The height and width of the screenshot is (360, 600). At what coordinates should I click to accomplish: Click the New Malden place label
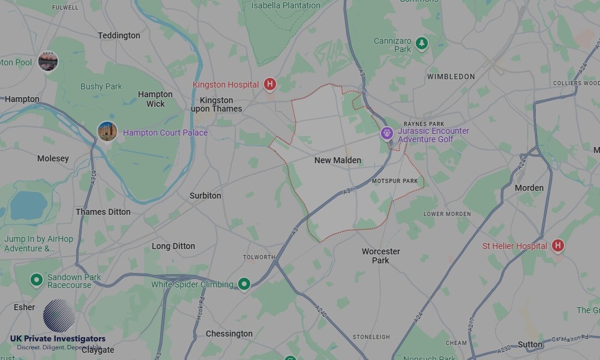(x=338, y=160)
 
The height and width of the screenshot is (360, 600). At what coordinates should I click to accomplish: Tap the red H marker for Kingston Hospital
(x=270, y=85)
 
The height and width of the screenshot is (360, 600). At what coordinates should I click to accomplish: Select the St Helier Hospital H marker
(x=558, y=245)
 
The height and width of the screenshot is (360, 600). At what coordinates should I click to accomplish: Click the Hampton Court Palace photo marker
(x=107, y=131)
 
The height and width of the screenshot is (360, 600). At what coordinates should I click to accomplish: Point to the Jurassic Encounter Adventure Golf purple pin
(x=387, y=133)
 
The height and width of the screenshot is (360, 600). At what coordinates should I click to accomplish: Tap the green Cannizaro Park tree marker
(x=422, y=43)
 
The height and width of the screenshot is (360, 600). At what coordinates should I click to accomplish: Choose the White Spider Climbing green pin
(x=244, y=284)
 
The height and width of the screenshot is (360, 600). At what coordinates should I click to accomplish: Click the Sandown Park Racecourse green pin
(x=37, y=280)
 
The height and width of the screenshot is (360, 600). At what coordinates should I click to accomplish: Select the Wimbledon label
(x=451, y=77)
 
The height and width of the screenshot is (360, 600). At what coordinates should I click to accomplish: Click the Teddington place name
(x=119, y=35)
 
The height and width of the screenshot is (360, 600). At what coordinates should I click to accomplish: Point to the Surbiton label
(x=205, y=196)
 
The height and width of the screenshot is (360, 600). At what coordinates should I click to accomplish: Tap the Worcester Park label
(x=380, y=256)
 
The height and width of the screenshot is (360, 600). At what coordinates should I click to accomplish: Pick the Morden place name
(x=529, y=188)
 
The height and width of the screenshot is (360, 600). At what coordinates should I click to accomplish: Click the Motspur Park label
(x=394, y=181)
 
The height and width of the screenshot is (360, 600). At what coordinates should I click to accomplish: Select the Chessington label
(x=229, y=334)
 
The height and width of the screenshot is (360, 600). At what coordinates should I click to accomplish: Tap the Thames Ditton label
(x=103, y=212)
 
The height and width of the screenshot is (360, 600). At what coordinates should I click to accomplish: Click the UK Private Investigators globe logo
(x=59, y=316)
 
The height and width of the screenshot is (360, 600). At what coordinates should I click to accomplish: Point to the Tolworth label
(x=259, y=257)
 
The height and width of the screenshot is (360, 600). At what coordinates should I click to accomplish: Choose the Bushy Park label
(x=101, y=86)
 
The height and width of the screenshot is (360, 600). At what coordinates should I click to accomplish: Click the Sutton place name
(x=530, y=344)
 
